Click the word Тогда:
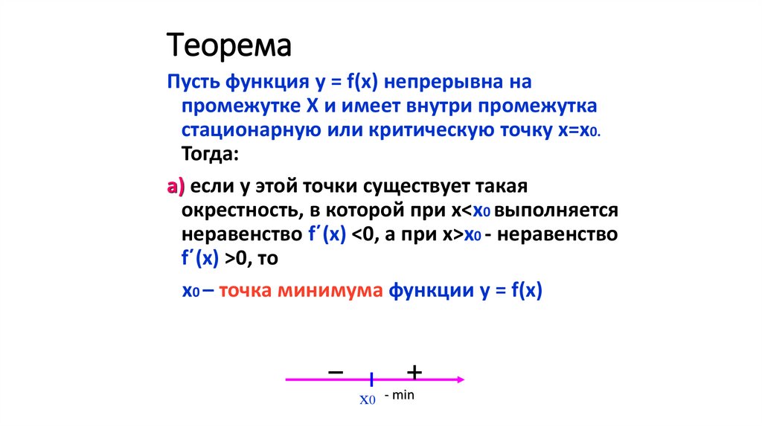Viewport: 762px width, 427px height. (x=211, y=155)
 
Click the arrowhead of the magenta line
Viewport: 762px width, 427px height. (x=461, y=379)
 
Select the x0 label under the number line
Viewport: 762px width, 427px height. (x=368, y=399)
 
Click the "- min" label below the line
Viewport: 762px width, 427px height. (x=400, y=395)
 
